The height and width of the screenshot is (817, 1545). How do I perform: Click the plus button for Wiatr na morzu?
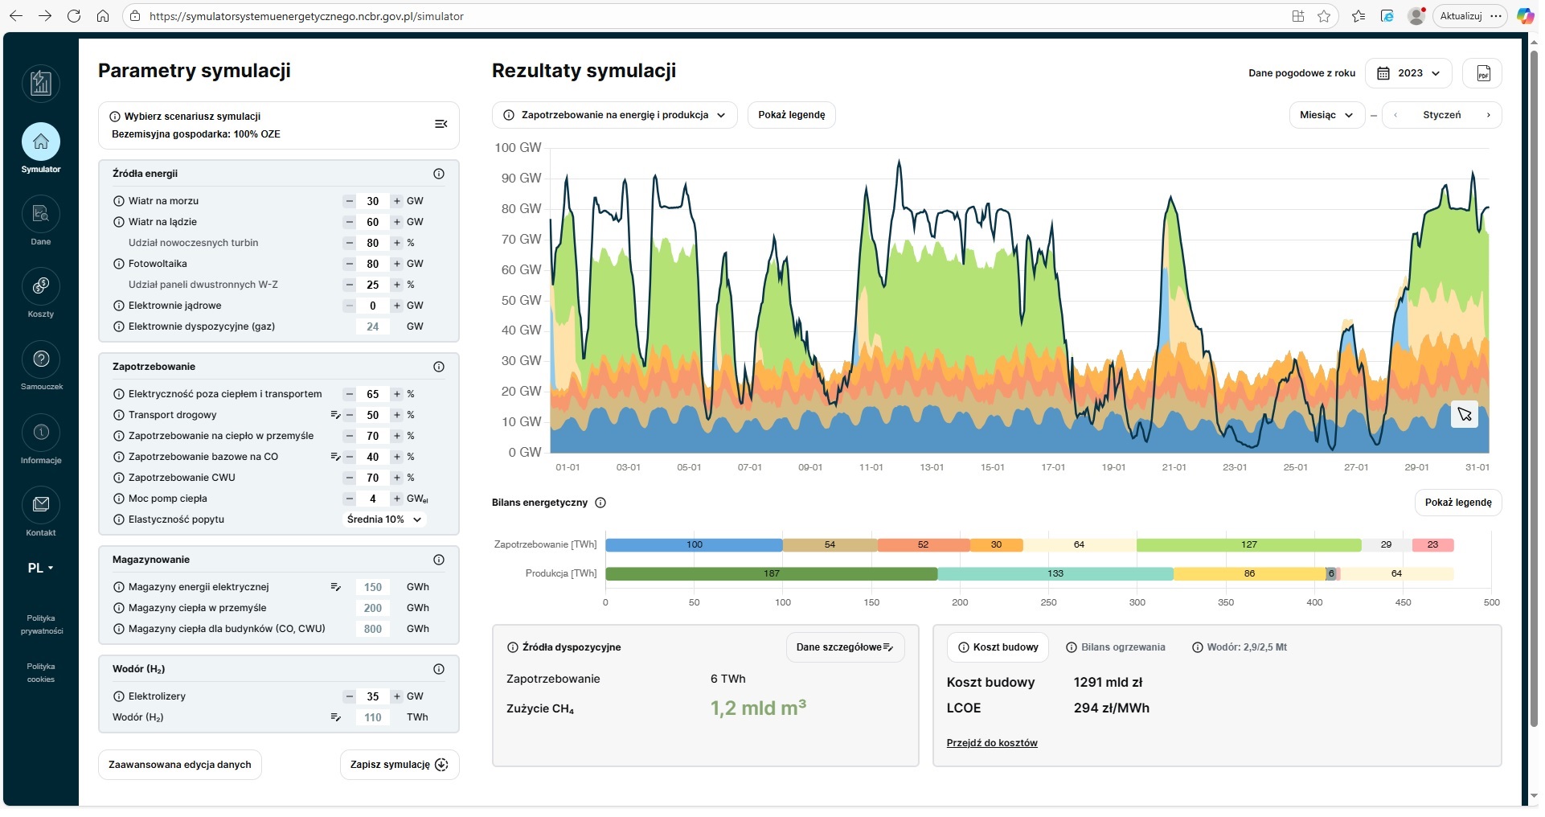[x=396, y=201]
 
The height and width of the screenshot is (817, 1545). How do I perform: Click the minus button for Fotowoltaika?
[x=349, y=264]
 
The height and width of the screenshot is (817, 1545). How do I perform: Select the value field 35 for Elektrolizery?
[x=372, y=696]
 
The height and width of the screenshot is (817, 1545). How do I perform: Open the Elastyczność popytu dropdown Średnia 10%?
[x=384, y=519]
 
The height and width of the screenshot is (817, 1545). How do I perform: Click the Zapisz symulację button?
[x=399, y=765]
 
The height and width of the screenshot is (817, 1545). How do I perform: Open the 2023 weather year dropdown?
[x=1408, y=73]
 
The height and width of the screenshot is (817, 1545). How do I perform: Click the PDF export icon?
[x=1482, y=73]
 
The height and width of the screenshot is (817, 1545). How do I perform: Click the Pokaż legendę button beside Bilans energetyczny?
[x=1457, y=503]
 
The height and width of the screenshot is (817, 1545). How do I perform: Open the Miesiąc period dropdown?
[x=1326, y=115]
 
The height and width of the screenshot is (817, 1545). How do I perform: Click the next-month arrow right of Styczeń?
[x=1488, y=115]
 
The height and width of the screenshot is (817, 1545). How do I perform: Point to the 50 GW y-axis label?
[x=521, y=300]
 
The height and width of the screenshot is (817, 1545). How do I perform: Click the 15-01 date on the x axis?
[x=992, y=467]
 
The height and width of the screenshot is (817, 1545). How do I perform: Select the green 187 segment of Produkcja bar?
[x=771, y=573]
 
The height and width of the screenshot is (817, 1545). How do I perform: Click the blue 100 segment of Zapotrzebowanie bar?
[x=694, y=544]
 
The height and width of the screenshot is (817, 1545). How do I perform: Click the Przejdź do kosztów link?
[x=991, y=743]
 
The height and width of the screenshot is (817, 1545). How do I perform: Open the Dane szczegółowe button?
[x=844, y=647]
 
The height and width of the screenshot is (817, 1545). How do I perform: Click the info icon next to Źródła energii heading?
[x=439, y=174]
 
